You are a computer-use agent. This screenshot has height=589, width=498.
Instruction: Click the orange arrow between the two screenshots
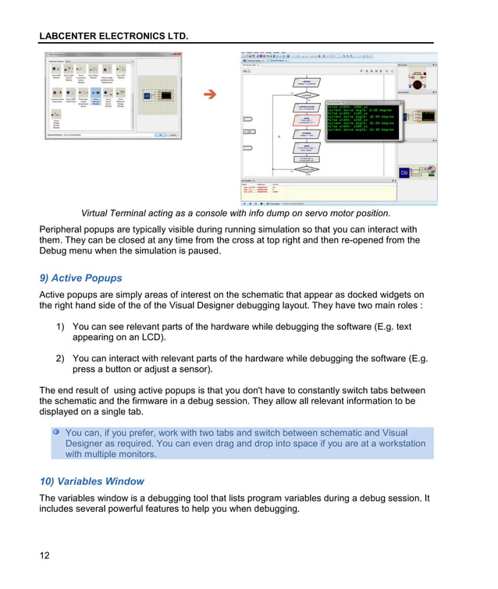[x=209, y=95]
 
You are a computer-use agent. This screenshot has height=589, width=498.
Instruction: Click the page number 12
[x=45, y=555]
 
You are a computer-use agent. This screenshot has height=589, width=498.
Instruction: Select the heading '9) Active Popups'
[x=80, y=278]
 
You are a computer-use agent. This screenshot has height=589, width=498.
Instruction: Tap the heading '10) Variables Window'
[x=91, y=481]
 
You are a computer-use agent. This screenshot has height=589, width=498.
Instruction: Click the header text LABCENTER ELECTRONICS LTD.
[x=113, y=36]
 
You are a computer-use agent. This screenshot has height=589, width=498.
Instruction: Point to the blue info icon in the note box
[x=56, y=431]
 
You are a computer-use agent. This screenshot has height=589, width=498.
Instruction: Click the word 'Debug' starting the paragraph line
[x=55, y=251]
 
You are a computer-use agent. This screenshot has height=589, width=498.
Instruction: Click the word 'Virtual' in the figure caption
[x=98, y=214]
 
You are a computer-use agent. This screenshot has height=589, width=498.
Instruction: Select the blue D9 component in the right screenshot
[x=404, y=172]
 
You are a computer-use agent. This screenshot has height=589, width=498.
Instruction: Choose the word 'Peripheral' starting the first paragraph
[x=65, y=229]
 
